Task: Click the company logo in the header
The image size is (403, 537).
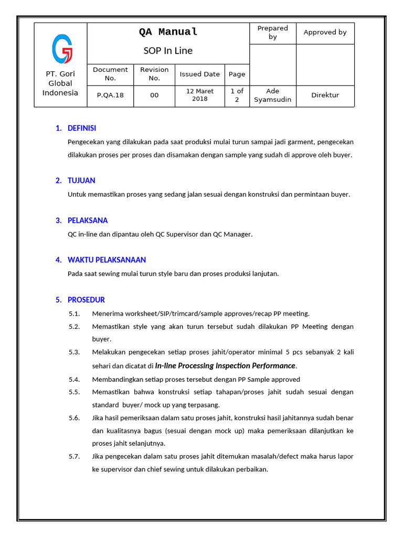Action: (62, 48)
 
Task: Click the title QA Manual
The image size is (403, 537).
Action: (168, 32)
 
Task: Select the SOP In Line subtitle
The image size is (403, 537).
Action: (168, 51)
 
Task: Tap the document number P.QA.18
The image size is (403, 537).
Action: (110, 95)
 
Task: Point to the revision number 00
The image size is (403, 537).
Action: (154, 95)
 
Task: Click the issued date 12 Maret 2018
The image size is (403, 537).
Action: (200, 95)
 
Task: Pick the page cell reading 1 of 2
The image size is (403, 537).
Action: (237, 95)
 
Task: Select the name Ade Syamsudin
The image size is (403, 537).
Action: (272, 95)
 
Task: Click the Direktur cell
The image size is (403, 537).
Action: (325, 95)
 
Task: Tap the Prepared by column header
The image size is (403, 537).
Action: (272, 33)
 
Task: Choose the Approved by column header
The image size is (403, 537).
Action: (325, 33)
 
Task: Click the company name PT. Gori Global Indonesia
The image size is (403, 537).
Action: (60, 83)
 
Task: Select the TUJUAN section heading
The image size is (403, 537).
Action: (81, 181)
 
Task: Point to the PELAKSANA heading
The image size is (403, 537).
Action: (88, 221)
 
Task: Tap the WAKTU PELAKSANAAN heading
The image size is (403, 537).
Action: (107, 260)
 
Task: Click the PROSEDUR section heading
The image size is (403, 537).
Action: (86, 300)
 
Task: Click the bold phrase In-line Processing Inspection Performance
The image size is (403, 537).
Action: (225, 366)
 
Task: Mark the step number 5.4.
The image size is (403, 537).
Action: (74, 379)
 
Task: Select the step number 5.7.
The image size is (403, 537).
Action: (74, 457)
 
